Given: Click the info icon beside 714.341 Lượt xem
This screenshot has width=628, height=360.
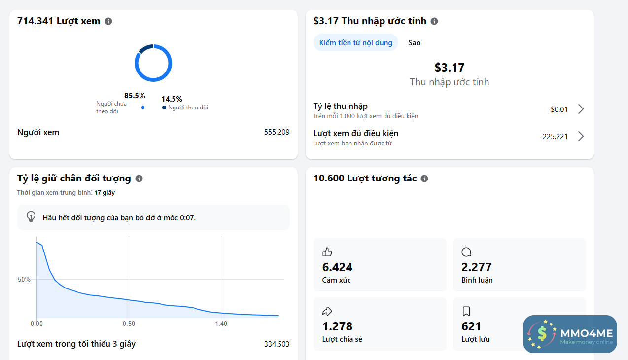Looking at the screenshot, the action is click(x=108, y=21).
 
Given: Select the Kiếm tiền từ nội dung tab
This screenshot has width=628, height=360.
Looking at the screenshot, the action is click(x=356, y=42).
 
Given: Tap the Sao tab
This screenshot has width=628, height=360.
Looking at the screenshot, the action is click(x=415, y=42).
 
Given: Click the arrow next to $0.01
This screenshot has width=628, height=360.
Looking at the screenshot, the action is click(x=581, y=109).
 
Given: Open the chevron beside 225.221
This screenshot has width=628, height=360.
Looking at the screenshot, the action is click(x=581, y=136).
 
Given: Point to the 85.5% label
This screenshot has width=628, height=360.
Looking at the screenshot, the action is click(x=135, y=96).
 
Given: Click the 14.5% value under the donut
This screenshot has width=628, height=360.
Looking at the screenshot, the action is click(x=172, y=99).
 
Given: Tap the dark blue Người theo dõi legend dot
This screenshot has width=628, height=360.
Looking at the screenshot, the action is click(x=164, y=108).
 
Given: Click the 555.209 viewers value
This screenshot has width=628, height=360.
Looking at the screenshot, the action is click(x=277, y=132).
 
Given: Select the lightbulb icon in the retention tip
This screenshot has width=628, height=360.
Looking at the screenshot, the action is click(x=31, y=216).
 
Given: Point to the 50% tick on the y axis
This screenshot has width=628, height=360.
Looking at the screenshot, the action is click(x=24, y=279).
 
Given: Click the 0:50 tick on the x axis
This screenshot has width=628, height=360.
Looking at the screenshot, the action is click(x=129, y=324).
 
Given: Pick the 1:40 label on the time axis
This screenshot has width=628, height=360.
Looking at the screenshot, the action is click(x=221, y=324).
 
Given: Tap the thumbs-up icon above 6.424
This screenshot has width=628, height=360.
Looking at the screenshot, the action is click(x=327, y=252).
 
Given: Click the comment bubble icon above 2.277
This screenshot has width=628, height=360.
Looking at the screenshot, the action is click(x=466, y=252).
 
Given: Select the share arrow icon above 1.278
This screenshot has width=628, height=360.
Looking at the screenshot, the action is click(x=327, y=311).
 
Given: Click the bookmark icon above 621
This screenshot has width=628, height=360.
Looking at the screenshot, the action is click(x=466, y=311).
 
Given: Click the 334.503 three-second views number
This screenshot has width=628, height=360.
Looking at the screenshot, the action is click(x=277, y=344).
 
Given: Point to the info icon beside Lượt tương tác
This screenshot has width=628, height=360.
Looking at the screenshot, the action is click(x=424, y=179).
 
